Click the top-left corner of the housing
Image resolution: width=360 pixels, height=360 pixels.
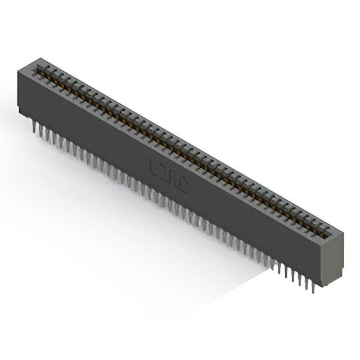pos(19,67)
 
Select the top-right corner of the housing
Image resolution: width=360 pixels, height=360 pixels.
pos(343,232)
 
